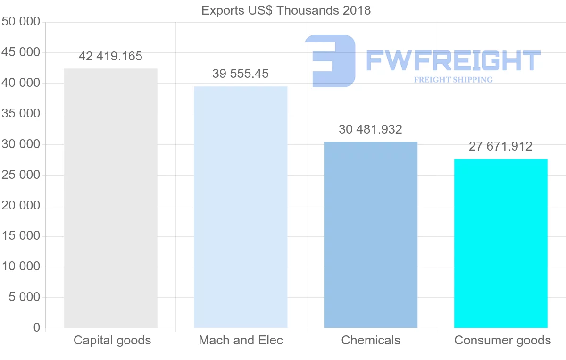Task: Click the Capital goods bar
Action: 110,198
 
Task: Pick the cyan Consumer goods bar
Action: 500,243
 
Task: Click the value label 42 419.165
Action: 110,57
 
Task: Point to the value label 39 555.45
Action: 241,74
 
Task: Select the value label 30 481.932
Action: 371,129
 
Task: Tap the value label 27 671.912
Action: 500,146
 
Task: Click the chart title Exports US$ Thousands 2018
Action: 286,10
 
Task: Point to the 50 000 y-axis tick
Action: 21,22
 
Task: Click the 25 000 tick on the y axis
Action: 21,175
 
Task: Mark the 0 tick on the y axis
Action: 37,327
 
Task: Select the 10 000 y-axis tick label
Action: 21,267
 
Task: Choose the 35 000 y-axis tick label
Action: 21,114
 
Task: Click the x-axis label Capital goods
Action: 112,340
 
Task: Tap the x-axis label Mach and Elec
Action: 241,340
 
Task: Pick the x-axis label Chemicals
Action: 371,340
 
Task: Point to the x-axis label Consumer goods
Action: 502,340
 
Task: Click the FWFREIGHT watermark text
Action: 453,60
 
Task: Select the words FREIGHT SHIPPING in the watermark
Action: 453,80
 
